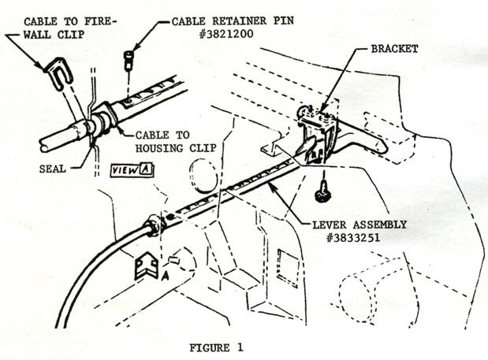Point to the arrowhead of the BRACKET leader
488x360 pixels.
[319, 109]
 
